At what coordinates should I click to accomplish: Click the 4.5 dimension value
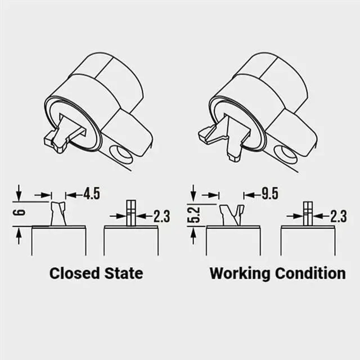pyautogui.click(x=92, y=195)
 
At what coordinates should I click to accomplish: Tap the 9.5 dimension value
pyautogui.click(x=269, y=195)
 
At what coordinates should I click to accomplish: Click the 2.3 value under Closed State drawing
pyautogui.click(x=161, y=216)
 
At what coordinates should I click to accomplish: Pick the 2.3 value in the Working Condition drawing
pyautogui.click(x=338, y=216)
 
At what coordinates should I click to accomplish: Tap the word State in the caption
pyautogui.click(x=124, y=274)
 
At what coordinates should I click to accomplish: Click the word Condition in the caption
pyautogui.click(x=310, y=274)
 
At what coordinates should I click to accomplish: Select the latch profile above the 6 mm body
pyautogui.click(x=58, y=214)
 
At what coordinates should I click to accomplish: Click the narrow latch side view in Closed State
pyautogui.click(x=131, y=213)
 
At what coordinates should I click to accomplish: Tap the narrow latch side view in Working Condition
pyautogui.click(x=308, y=213)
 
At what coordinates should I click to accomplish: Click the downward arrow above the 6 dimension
pyautogui.click(x=19, y=195)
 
